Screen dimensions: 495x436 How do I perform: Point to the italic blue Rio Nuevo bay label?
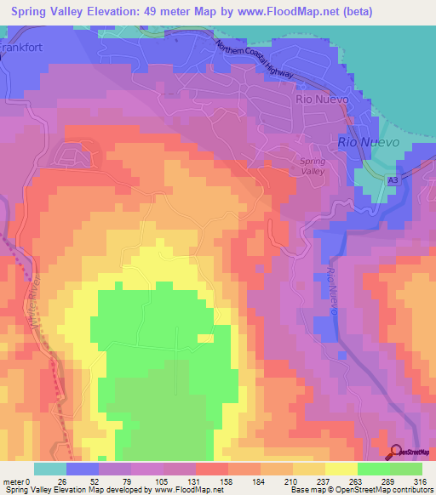click(x=369, y=142)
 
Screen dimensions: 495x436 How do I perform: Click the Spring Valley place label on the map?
click(x=313, y=166)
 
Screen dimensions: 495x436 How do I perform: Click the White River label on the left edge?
click(x=37, y=294)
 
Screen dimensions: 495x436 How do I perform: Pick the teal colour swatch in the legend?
click(x=50, y=469)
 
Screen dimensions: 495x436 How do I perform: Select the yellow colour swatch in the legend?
click(x=341, y=469)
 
